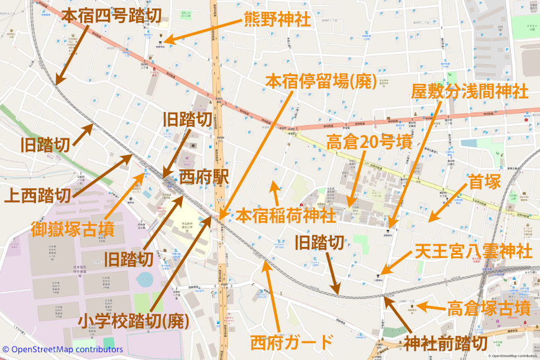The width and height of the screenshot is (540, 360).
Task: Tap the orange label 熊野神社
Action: [277, 20]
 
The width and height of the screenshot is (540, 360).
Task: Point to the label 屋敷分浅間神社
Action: [470, 91]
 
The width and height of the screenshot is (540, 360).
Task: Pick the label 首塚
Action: [484, 182]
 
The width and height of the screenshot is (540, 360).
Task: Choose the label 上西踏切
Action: [38, 196]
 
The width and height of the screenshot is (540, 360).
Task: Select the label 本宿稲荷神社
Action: [285, 215]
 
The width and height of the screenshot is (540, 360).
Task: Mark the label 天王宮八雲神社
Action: [473, 251]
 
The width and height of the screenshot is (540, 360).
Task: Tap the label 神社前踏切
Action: [445, 343]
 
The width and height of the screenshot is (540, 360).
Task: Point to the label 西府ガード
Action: [291, 341]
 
